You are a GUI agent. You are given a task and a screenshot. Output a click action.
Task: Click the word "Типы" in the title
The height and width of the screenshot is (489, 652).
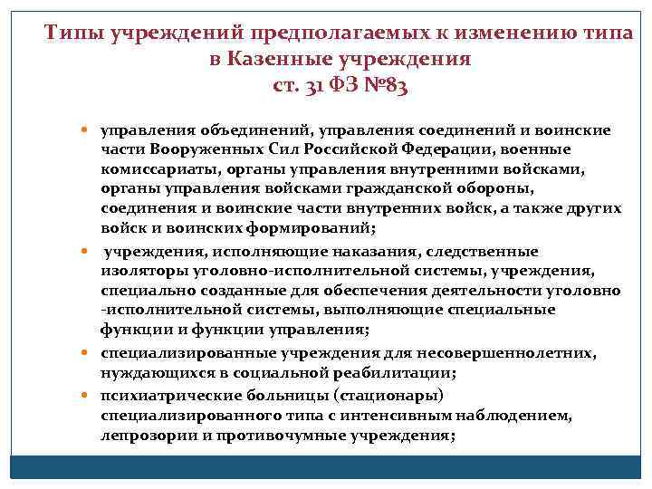coord(75,34)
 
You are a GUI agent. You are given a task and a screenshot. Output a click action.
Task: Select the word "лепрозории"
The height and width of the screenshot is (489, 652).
coord(140,435)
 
